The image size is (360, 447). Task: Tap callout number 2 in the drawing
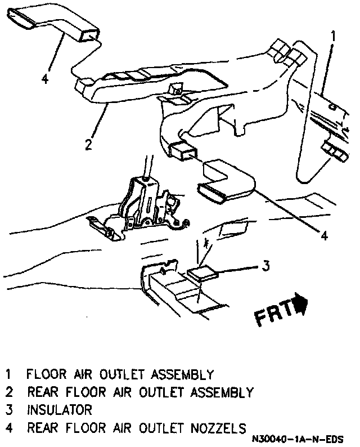click(x=88, y=145)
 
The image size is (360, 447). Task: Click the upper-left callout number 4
click(x=45, y=78)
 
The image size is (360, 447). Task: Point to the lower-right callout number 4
click(x=323, y=236)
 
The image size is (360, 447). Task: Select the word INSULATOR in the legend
click(x=58, y=409)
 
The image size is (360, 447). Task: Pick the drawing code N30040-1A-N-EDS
click(x=298, y=439)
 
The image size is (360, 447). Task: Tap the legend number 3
click(x=8, y=409)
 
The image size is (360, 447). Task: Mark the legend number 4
click(x=8, y=427)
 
